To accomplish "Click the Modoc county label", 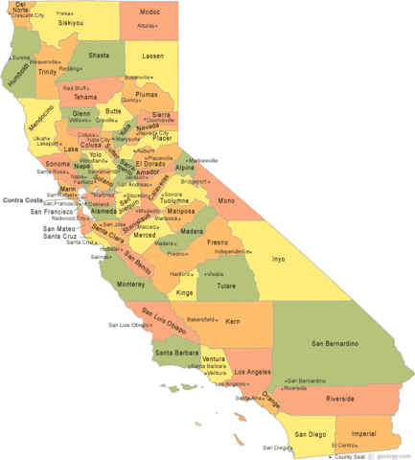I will (150, 11).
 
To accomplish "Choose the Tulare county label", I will (226, 286).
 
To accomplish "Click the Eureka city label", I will (20, 57).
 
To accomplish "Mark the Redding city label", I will (70, 69).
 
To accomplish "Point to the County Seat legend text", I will (347, 456).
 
